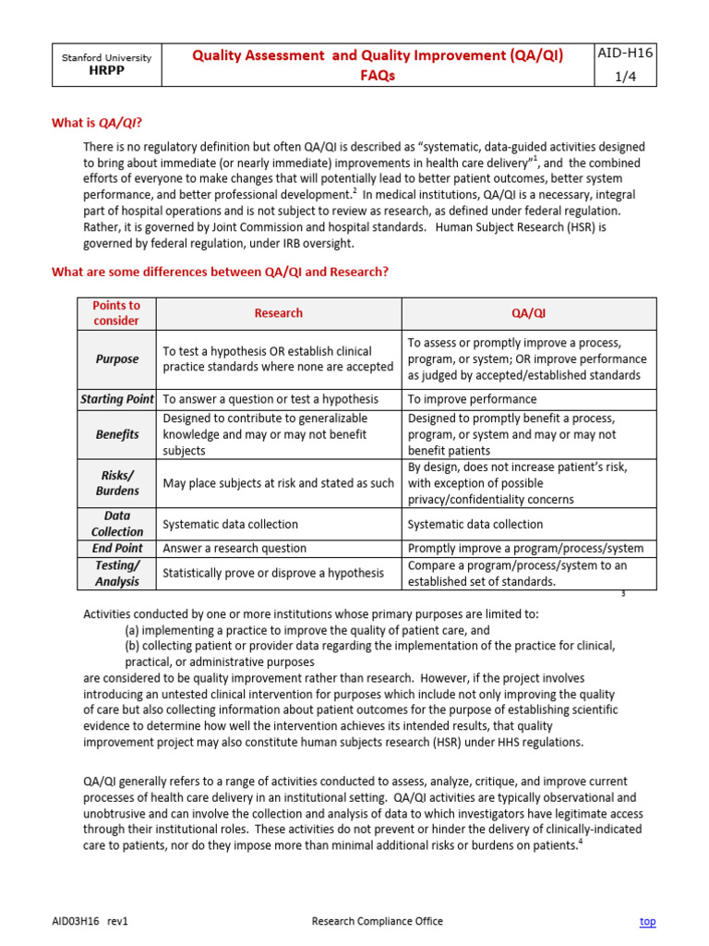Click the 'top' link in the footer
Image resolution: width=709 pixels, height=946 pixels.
pos(647,921)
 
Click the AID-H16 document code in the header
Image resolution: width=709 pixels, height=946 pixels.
pos(626,54)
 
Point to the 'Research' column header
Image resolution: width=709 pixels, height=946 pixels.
pos(278,313)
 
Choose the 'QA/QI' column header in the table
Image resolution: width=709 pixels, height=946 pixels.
pos(528,313)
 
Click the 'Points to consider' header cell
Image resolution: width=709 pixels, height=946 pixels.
pos(116,313)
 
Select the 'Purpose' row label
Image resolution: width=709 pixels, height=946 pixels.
pos(116,359)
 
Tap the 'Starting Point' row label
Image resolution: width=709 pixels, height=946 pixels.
pos(116,399)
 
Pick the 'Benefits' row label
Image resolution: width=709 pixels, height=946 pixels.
pos(116,434)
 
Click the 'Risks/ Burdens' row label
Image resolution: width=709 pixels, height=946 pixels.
pos(116,483)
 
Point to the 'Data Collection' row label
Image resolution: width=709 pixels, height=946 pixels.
pos(116,524)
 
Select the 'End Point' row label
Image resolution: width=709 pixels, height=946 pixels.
pos(116,548)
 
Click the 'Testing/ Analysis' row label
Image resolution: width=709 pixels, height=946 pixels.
pos(116,573)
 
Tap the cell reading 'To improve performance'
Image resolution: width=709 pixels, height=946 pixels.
pos(472,399)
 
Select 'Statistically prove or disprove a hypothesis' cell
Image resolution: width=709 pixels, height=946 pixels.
pos(273,573)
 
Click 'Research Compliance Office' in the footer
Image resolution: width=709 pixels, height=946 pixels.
pos(377,921)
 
